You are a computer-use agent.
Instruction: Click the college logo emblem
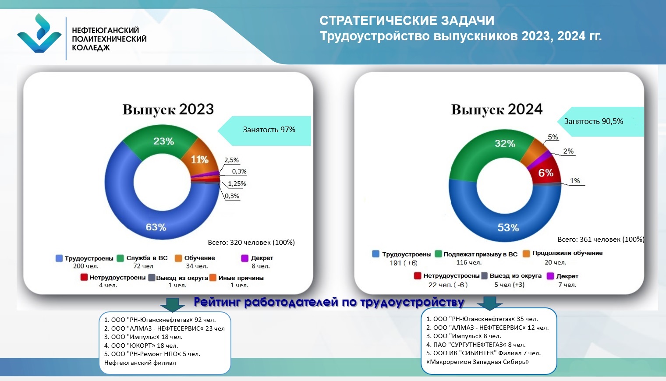click(x=39, y=34)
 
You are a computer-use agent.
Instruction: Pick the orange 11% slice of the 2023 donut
click(x=199, y=159)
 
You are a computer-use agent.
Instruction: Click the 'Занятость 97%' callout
click(x=265, y=131)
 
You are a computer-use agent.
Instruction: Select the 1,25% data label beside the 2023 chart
click(x=237, y=183)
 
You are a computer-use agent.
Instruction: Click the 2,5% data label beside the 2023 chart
click(x=232, y=160)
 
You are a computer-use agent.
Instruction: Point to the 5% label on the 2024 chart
click(x=553, y=137)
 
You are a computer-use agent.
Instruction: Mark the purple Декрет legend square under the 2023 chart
click(x=244, y=258)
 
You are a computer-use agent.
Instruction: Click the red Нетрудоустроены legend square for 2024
click(x=418, y=276)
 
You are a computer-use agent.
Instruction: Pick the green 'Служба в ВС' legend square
click(x=120, y=258)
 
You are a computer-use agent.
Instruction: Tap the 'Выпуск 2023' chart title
click(x=168, y=109)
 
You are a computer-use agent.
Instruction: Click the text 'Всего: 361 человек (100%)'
click(x=601, y=240)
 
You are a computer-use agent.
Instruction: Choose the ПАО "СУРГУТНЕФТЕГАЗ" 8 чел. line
click(x=476, y=345)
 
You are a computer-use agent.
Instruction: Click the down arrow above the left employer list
click(x=173, y=305)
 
